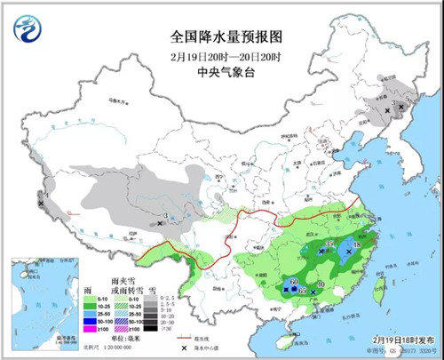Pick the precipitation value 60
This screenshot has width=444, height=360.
pyautogui.click(x=293, y=283)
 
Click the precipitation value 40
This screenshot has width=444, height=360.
pyautogui.click(x=320, y=284)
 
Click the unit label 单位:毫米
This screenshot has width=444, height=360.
pyautogui.click(x=123, y=339)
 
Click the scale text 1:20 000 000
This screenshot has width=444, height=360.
pyautogui.click(x=123, y=349)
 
